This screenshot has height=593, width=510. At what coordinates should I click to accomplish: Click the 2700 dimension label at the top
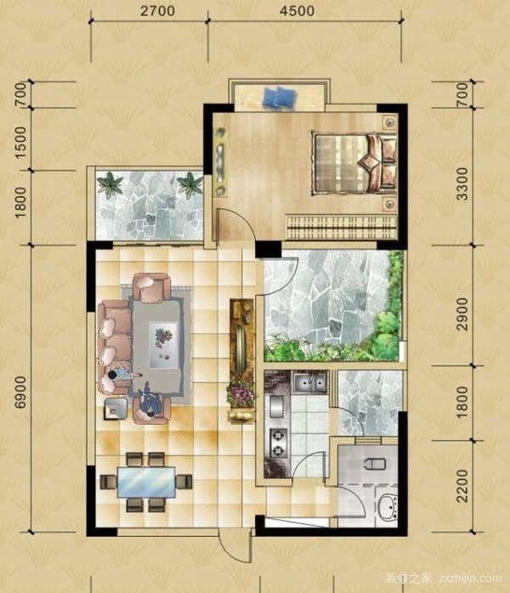point(157,10)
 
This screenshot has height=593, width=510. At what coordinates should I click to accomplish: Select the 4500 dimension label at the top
point(297,10)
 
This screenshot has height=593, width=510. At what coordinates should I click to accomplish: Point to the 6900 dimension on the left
point(20,392)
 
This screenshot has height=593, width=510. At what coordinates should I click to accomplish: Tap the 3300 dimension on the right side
point(462,184)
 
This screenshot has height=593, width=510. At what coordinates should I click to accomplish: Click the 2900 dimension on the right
point(462,313)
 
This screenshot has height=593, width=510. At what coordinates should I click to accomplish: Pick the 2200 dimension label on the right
point(462,486)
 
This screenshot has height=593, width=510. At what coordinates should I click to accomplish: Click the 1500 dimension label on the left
point(20,143)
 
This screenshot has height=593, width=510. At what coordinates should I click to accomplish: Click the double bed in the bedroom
point(354,163)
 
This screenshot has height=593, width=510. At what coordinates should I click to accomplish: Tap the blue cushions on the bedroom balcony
point(279,97)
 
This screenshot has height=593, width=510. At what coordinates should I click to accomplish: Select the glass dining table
point(146,483)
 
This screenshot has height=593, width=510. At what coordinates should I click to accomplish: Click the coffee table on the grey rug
point(163,345)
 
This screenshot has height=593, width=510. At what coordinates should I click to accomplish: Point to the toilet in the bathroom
point(375,463)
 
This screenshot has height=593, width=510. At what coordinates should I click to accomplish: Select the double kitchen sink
point(309,382)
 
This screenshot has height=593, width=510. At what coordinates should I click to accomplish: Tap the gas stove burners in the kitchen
point(278,443)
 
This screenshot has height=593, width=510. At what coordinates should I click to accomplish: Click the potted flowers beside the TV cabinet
point(241,394)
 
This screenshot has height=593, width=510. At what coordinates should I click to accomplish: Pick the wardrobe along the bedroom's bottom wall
point(341,228)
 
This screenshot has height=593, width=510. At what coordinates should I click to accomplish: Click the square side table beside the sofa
point(116,409)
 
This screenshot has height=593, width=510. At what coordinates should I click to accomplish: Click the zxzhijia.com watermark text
point(471,578)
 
